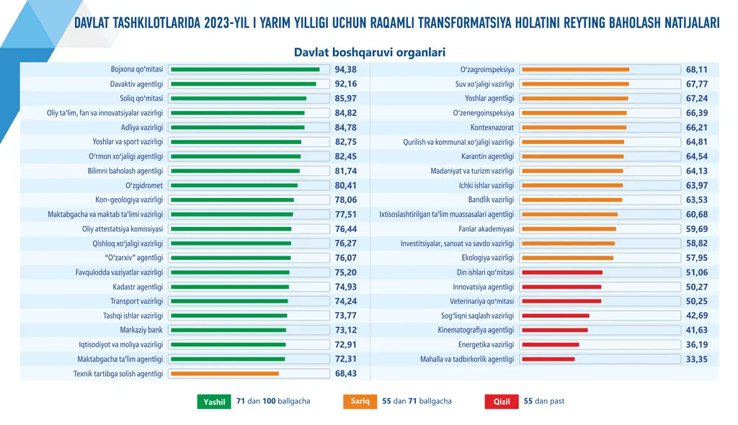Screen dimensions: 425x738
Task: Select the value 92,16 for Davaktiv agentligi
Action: (x=346, y=84)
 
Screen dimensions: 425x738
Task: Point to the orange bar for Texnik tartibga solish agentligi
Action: (x=225, y=374)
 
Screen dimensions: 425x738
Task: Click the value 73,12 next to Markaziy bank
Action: (x=346, y=331)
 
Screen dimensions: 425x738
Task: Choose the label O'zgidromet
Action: (x=144, y=185)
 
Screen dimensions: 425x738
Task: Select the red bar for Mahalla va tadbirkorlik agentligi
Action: (x=548, y=359)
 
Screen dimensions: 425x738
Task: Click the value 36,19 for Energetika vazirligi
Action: (x=696, y=345)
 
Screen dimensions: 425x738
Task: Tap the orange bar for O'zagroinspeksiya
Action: (x=575, y=70)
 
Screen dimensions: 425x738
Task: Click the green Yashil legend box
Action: (x=214, y=402)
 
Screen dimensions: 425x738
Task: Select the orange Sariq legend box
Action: (x=360, y=402)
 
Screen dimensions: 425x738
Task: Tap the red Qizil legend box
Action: (x=502, y=402)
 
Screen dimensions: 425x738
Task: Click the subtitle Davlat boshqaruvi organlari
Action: (x=369, y=52)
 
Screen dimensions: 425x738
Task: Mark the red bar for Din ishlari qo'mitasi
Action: (x=562, y=272)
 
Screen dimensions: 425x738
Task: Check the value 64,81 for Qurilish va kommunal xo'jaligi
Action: (x=696, y=142)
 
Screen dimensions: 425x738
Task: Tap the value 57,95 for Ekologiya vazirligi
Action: (x=696, y=258)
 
